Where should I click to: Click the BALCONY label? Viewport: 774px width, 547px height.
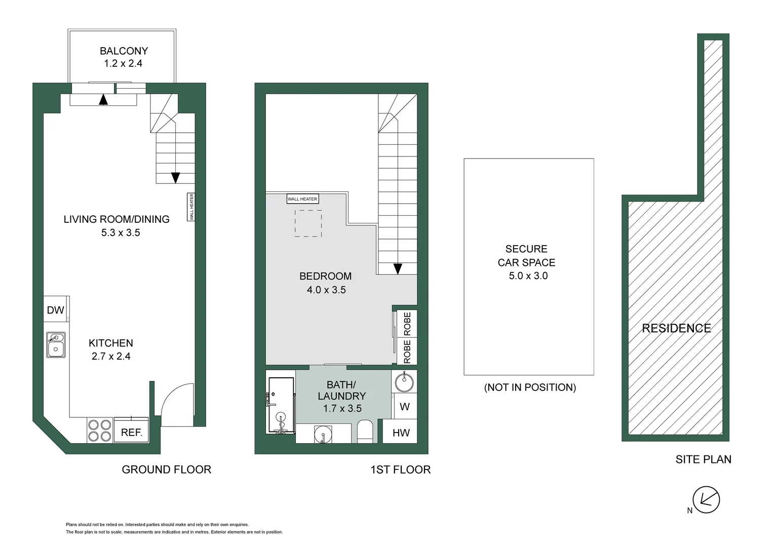124,51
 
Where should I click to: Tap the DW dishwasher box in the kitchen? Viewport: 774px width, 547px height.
55,310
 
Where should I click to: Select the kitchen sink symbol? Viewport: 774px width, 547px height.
56,344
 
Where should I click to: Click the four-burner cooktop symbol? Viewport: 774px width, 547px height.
99,430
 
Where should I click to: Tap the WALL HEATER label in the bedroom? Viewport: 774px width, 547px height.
302,199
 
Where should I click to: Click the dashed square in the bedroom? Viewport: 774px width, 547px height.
308,223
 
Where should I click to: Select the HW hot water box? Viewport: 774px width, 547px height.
401,433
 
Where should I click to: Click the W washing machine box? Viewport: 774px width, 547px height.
404,407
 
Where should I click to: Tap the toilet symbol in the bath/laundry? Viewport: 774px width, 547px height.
365,432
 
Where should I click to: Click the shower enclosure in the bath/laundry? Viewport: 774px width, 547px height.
281,406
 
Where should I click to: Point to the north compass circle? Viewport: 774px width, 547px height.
706,499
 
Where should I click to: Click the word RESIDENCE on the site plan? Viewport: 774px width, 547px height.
676,328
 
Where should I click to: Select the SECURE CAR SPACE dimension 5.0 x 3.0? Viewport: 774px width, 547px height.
528,276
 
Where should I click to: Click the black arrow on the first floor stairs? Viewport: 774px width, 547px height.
398,268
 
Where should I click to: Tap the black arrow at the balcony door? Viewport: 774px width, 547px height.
103,99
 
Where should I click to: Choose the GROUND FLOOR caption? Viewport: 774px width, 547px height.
166,470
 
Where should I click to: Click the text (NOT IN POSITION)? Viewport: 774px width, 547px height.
530,387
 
